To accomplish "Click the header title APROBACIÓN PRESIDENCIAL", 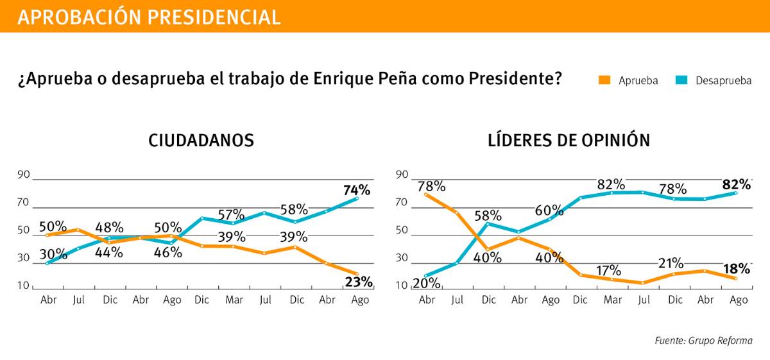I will tap(149, 17).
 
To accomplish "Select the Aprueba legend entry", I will tap(628, 80).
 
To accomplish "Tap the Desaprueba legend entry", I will tap(714, 80).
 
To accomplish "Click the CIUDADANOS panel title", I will tap(201, 141).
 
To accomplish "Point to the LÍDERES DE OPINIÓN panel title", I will tap(569, 141).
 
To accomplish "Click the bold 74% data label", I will tap(357, 190).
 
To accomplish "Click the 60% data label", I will tap(549, 210).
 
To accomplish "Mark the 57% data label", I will tap(230, 214).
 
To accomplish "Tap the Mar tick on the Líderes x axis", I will tap(612, 300).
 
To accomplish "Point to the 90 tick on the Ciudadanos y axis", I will tap(23, 175).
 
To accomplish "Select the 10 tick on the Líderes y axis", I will tap(402, 286).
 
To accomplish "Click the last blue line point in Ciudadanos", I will tap(357, 198).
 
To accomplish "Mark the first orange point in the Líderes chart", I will tap(425, 194).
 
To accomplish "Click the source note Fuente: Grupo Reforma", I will tap(703, 341).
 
